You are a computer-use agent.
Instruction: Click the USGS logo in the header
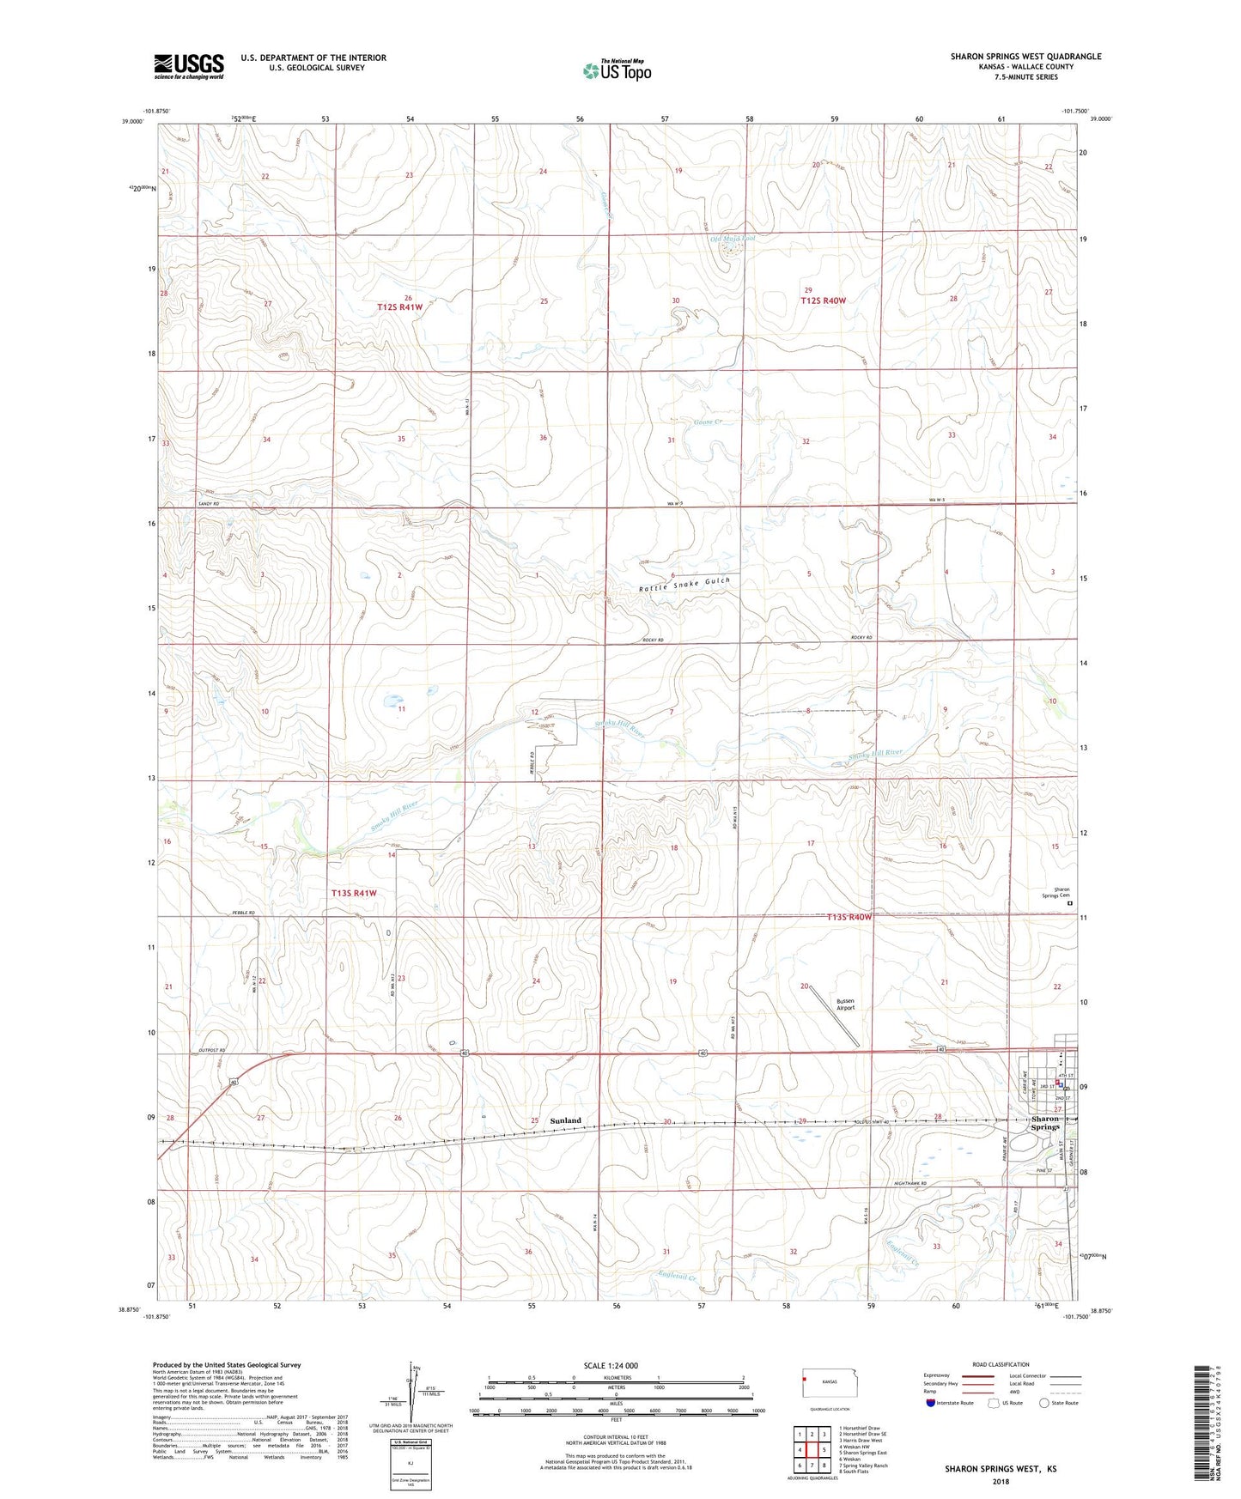tap(189, 65)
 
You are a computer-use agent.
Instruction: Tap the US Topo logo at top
tap(616, 70)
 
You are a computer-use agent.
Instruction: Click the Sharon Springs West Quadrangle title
tap(1025, 57)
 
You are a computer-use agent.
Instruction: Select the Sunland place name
tap(565, 1120)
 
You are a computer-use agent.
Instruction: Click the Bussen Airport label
tap(846, 1004)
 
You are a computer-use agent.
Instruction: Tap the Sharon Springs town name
tap(1045, 1123)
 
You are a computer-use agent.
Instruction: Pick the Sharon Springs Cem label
tap(1055, 893)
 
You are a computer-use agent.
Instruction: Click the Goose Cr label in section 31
tap(707, 422)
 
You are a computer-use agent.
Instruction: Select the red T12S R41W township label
tap(399, 306)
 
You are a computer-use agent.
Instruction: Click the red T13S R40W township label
tap(849, 917)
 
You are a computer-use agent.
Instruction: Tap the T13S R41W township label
tap(354, 894)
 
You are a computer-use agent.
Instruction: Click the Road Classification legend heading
tap(1001, 1364)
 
